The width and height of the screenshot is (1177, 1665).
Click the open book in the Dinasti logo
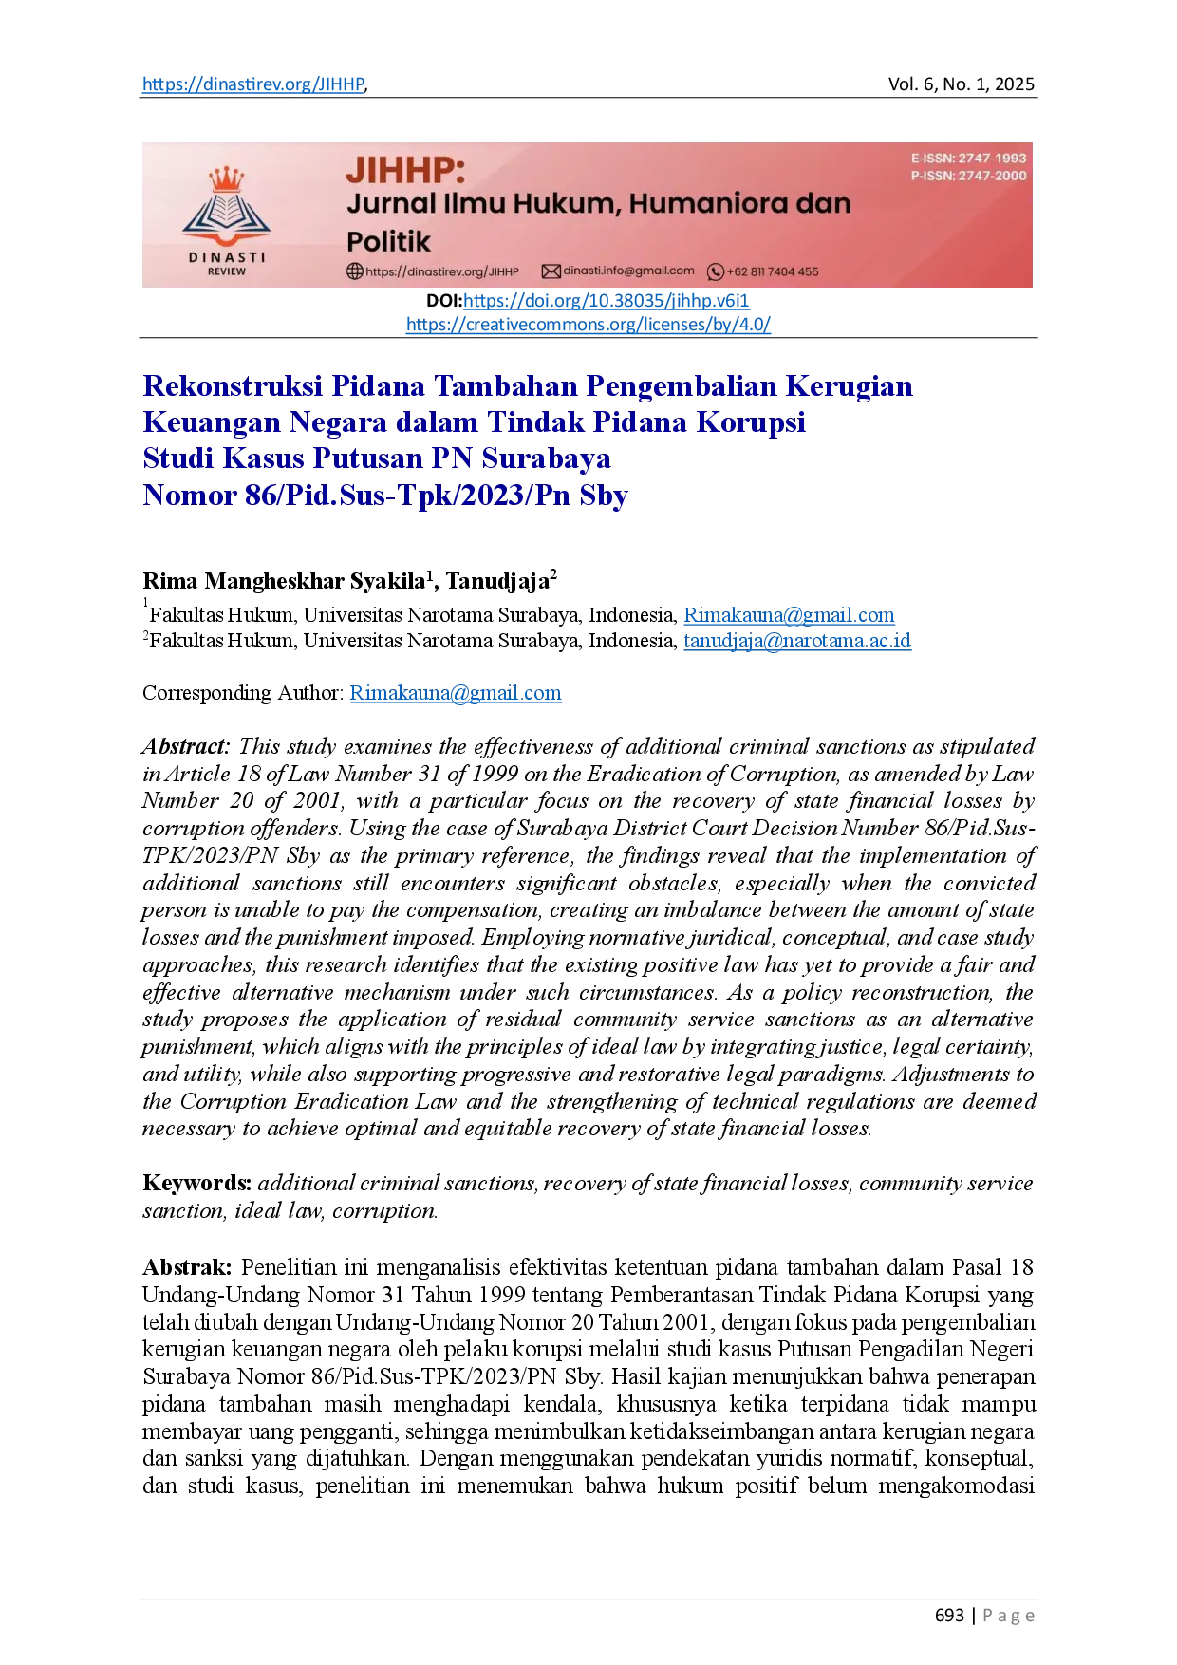coord(226,212)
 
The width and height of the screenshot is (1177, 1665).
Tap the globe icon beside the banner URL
coord(354,271)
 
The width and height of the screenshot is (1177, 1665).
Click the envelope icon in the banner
coord(551,271)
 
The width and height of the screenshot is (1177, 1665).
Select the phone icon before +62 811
coord(716,272)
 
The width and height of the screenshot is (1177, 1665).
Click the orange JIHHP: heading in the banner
coord(405,170)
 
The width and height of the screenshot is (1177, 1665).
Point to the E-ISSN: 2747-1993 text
coord(968,159)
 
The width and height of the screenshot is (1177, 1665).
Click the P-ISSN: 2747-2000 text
coord(968,176)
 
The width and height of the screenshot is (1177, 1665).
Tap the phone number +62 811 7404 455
coord(773,272)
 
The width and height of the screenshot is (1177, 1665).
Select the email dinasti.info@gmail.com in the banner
coord(628,271)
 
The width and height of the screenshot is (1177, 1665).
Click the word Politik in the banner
coord(388,241)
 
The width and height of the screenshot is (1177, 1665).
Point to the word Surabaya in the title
coord(546,458)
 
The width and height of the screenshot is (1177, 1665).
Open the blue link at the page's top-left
coord(252,85)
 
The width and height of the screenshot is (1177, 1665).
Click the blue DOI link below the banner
coord(606,301)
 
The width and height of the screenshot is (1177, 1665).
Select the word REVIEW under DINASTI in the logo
coord(226,271)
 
